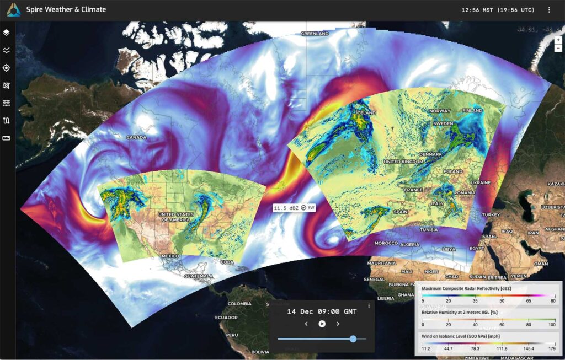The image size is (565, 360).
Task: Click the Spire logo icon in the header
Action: [14, 9]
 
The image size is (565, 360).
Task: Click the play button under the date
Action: [322, 324]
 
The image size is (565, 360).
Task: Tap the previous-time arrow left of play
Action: [306, 324]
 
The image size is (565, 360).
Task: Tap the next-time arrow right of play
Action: [338, 324]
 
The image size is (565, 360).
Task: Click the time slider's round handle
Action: [353, 339]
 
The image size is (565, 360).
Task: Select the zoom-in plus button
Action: [558, 40]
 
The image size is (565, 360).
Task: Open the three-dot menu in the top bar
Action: [549, 10]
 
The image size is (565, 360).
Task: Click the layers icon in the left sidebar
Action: [7, 33]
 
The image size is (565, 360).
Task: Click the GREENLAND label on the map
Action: [315, 34]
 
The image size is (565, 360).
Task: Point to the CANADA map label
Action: [136, 137]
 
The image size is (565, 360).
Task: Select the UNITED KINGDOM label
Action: [403, 162]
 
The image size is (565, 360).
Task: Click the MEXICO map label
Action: [170, 256]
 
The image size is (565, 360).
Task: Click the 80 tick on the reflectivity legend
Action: [553, 300]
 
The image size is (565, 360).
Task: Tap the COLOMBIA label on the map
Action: [240, 303]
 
